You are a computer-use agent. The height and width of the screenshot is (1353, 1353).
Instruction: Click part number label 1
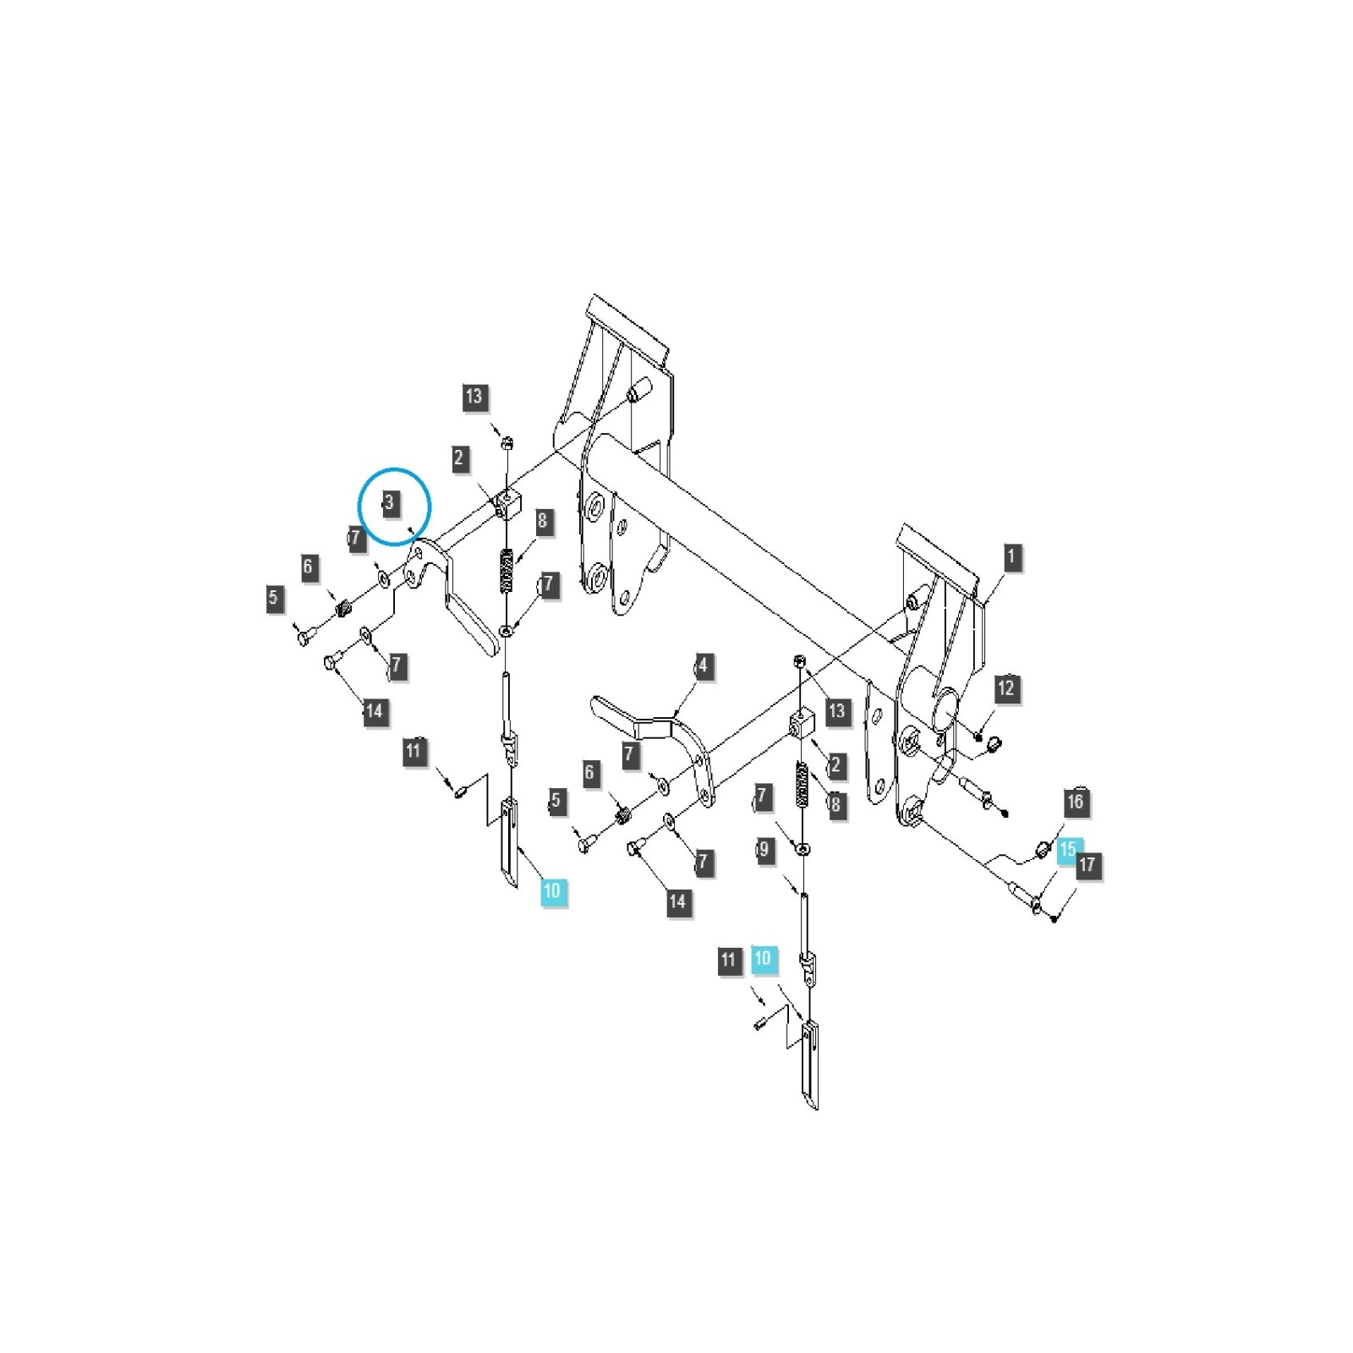(1011, 557)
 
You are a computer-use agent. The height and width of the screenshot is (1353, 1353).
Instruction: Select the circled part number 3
(389, 502)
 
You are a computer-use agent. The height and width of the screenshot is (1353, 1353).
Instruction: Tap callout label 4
(703, 666)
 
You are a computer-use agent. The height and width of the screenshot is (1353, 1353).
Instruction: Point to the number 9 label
(764, 849)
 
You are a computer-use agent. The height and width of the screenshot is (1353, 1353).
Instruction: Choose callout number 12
(1005, 688)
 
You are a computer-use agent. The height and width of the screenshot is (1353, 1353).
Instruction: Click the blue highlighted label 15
(1068, 849)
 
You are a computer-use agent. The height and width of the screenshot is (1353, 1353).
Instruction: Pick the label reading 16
(1075, 802)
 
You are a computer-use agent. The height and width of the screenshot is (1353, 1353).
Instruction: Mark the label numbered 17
(1087, 864)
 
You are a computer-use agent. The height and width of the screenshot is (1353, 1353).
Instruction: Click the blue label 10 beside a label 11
(763, 958)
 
